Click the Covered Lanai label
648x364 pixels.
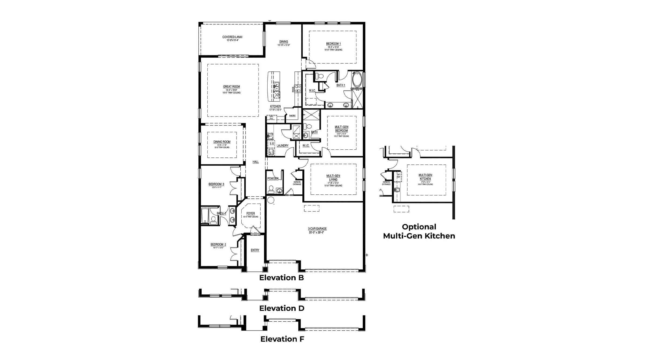pos(232,37)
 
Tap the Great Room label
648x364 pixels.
pos(231,87)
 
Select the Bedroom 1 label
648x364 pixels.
pos(333,44)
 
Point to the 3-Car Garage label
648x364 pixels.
pos(317,229)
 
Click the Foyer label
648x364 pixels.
pos(251,213)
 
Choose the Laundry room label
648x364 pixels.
pos(282,146)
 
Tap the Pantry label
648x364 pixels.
pos(292,116)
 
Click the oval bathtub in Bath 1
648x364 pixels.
pos(358,79)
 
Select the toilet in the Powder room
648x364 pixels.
pos(271,189)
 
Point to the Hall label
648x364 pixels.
pos(255,162)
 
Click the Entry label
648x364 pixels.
pos(255,250)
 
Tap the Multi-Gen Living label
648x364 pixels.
pos(333,178)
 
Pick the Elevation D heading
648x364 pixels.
pos(282,308)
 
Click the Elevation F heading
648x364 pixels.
pos(282,339)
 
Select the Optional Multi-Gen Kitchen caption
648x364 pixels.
pos(419,231)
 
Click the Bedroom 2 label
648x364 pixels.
pos(218,245)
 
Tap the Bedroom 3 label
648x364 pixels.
pos(216,184)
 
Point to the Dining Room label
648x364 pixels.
pos(222,142)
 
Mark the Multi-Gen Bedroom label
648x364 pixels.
pos(342,129)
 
